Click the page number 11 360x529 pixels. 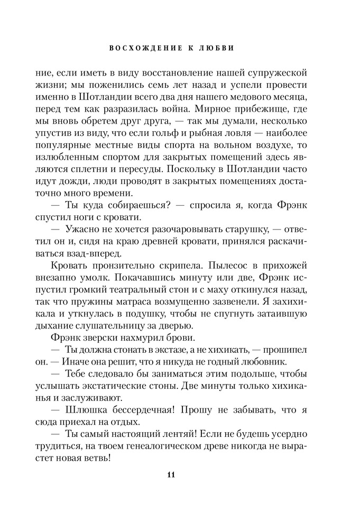point(171,473)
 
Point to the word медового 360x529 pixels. point(257,97)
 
